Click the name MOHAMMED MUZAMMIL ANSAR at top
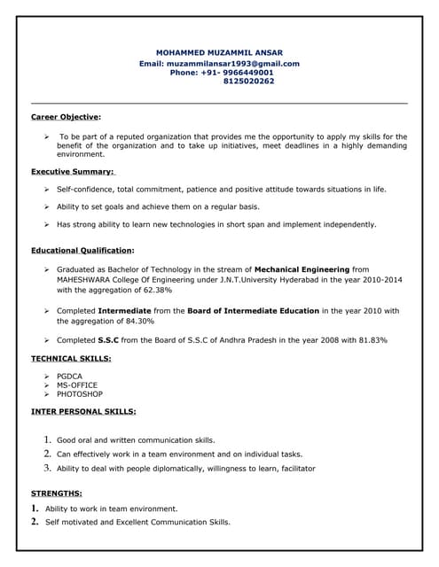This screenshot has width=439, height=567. (219, 53)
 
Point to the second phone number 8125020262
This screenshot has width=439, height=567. (249, 82)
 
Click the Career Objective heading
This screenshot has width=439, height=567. (65, 116)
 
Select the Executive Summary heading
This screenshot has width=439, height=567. (72, 171)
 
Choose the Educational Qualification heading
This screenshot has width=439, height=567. (82, 251)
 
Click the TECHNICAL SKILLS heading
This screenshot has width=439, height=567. (71, 358)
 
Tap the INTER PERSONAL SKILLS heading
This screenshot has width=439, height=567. (83, 412)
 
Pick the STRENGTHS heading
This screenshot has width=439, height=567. (57, 493)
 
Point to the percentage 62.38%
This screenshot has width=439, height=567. (154, 290)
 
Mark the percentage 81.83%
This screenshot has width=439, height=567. (369, 340)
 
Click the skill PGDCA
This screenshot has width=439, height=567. (70, 377)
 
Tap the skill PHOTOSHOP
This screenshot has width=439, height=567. (80, 394)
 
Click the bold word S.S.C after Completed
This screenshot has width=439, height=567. (108, 340)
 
